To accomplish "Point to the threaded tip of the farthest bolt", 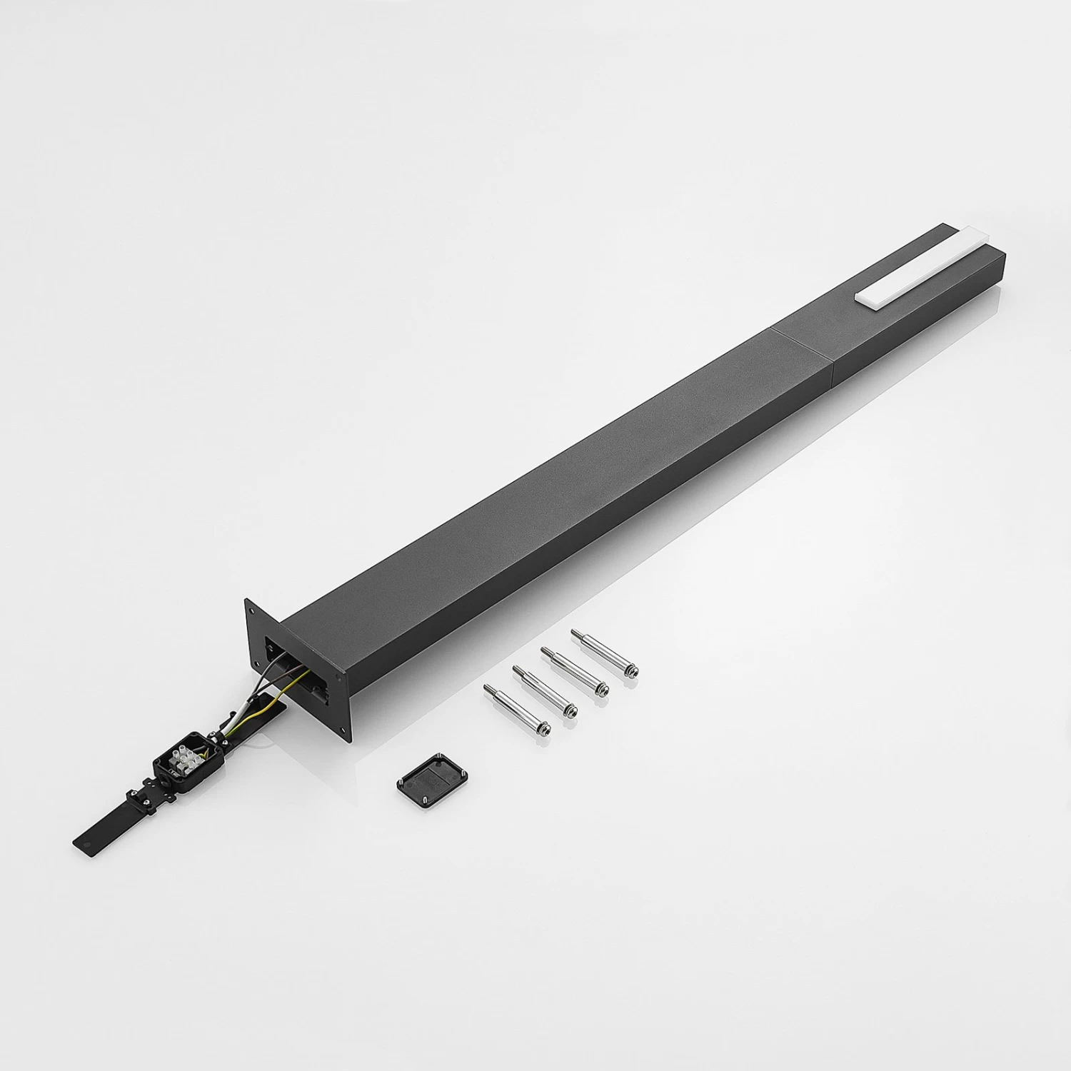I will (x=575, y=633).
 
